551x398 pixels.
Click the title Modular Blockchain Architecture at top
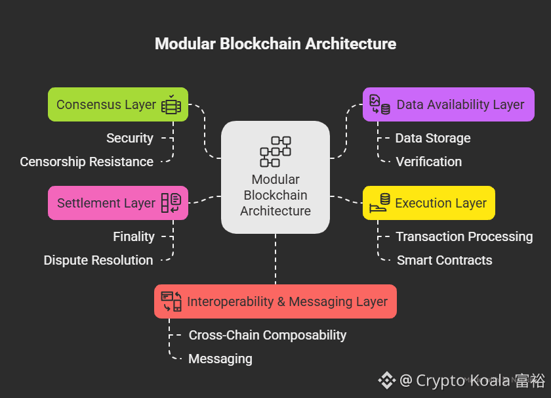click(275, 44)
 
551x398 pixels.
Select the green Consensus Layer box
click(118, 105)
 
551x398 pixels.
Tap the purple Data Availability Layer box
click(449, 105)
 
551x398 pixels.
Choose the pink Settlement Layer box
click(118, 203)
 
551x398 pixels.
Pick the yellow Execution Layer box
click(429, 203)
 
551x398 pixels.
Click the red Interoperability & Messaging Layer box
click(275, 301)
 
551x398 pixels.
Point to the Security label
click(130, 138)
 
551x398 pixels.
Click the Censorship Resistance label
click(87, 162)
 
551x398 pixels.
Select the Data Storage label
click(433, 138)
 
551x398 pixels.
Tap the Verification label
click(429, 162)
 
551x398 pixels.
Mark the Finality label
click(134, 236)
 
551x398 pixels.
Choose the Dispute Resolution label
click(98, 260)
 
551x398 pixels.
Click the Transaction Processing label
click(464, 236)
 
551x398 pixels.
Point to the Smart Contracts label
click(445, 260)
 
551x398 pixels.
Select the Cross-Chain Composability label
click(268, 335)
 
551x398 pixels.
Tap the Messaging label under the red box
click(220, 359)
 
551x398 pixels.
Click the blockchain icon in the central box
click(275, 152)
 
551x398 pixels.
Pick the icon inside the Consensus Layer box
click(171, 105)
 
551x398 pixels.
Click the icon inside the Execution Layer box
click(380, 204)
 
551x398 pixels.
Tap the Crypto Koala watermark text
click(462, 380)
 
